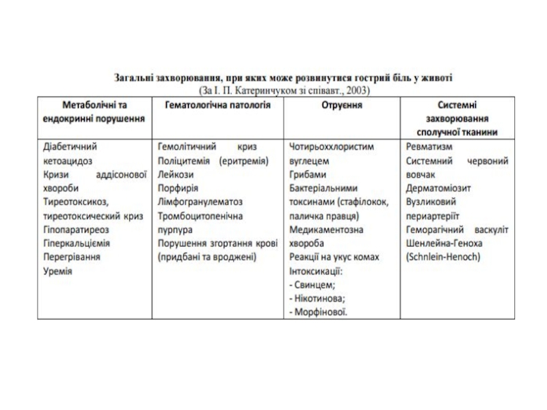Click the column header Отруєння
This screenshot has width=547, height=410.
[343, 106]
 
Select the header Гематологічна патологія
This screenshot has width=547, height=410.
[218, 106]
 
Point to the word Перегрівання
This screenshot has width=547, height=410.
[72, 258]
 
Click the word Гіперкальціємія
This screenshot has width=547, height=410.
[77, 244]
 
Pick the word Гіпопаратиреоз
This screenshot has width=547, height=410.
[75, 230]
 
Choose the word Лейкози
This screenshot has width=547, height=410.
[175, 175]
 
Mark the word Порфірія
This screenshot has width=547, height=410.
[178, 189]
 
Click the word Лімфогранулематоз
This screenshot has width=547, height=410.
[200, 202]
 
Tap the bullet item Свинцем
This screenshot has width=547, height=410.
[315, 285]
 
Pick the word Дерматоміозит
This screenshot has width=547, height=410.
[438, 189]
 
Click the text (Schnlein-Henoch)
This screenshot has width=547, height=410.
[442, 258]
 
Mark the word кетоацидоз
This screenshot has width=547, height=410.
[69, 161]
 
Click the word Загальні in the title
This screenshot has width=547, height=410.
[135, 78]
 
